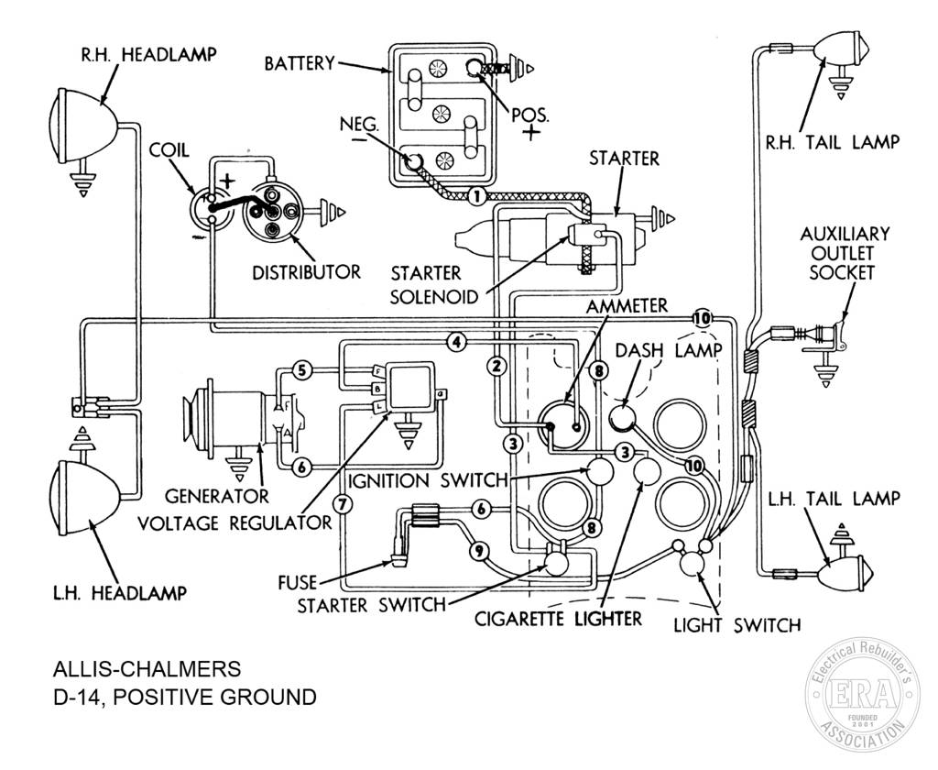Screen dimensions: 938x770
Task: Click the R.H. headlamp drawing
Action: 83,125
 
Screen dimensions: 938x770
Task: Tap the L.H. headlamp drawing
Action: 83,496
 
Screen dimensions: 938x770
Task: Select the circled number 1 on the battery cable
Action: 476,195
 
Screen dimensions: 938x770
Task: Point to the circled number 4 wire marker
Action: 456,343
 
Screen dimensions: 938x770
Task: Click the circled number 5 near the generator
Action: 302,370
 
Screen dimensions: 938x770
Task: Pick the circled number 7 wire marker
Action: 342,504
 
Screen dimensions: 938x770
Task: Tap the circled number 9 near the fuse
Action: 478,551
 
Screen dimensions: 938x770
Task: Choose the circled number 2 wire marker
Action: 496,365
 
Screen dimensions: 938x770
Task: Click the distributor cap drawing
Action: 273,213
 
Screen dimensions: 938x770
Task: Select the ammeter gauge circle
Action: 563,425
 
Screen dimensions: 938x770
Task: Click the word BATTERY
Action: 300,63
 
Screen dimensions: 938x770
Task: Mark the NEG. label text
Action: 359,124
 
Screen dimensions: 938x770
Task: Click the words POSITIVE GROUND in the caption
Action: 213,697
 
